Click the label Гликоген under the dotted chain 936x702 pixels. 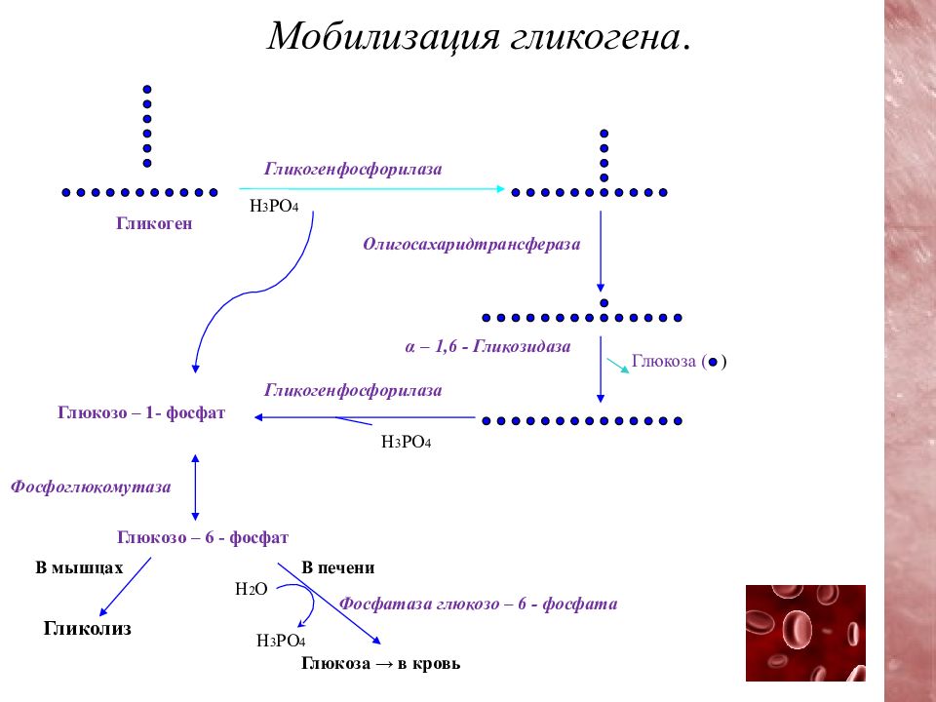154,223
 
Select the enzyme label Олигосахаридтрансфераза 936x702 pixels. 472,244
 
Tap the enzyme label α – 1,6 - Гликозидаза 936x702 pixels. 487,346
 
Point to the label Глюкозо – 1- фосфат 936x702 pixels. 141,412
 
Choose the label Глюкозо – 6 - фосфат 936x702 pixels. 203,537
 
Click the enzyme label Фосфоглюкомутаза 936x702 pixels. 91,487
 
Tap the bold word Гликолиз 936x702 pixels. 87,628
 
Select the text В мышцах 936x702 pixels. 79,567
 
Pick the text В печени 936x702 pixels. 338,567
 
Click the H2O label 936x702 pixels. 252,589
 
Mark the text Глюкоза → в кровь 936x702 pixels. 381,663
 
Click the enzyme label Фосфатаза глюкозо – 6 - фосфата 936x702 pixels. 478,604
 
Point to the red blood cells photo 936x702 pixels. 805,633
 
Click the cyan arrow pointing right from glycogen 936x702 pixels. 371,189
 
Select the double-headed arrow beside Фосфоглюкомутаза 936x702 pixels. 195,487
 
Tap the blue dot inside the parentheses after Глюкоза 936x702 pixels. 713,362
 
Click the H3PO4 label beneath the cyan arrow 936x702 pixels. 274,206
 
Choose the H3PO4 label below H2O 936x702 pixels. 281,641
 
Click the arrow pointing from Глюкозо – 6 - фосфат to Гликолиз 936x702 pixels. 125,587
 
